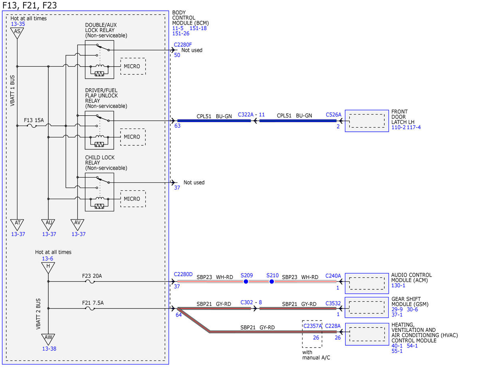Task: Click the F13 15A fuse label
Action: pyautogui.click(x=34, y=120)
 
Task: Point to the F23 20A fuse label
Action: pyautogui.click(x=92, y=276)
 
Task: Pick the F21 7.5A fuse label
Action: pyautogui.click(x=93, y=303)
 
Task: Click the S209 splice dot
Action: pyautogui.click(x=246, y=282)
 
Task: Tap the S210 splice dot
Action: pyautogui.click(x=272, y=282)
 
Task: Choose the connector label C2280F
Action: pyautogui.click(x=183, y=45)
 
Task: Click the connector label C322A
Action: pyautogui.click(x=245, y=115)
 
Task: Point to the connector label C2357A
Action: pyautogui.click(x=313, y=326)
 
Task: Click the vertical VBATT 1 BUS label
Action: pyautogui.click(x=12, y=91)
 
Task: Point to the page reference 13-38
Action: pyautogui.click(x=49, y=349)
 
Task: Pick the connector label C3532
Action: pyautogui.click(x=333, y=303)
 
